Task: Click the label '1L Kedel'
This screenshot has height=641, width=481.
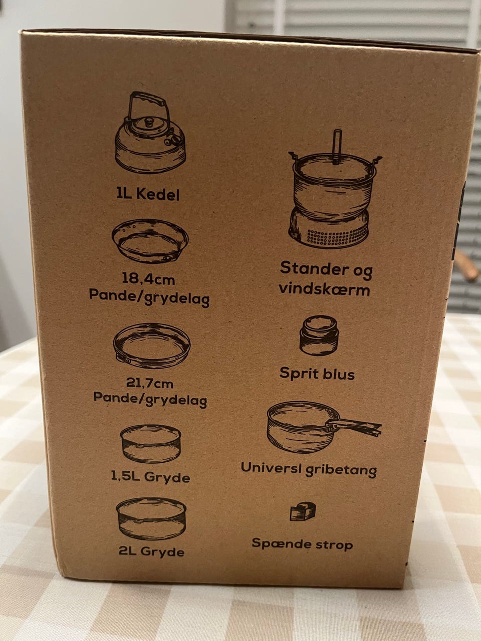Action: [x=148, y=194]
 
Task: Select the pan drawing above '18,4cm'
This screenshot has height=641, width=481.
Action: [x=150, y=241]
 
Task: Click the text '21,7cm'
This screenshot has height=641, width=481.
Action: [x=149, y=383]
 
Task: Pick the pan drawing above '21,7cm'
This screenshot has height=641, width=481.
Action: [x=152, y=346]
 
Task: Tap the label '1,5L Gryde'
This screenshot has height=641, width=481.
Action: [x=150, y=477]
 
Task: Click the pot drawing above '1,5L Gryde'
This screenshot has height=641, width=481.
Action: [x=151, y=444]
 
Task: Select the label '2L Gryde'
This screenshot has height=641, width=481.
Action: [x=151, y=551]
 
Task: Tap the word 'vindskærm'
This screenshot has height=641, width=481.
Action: [x=324, y=289]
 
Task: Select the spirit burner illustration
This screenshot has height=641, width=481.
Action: [x=319, y=335]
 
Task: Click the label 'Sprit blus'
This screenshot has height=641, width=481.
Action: [x=317, y=374]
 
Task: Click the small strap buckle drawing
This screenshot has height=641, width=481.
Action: [x=303, y=511]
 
